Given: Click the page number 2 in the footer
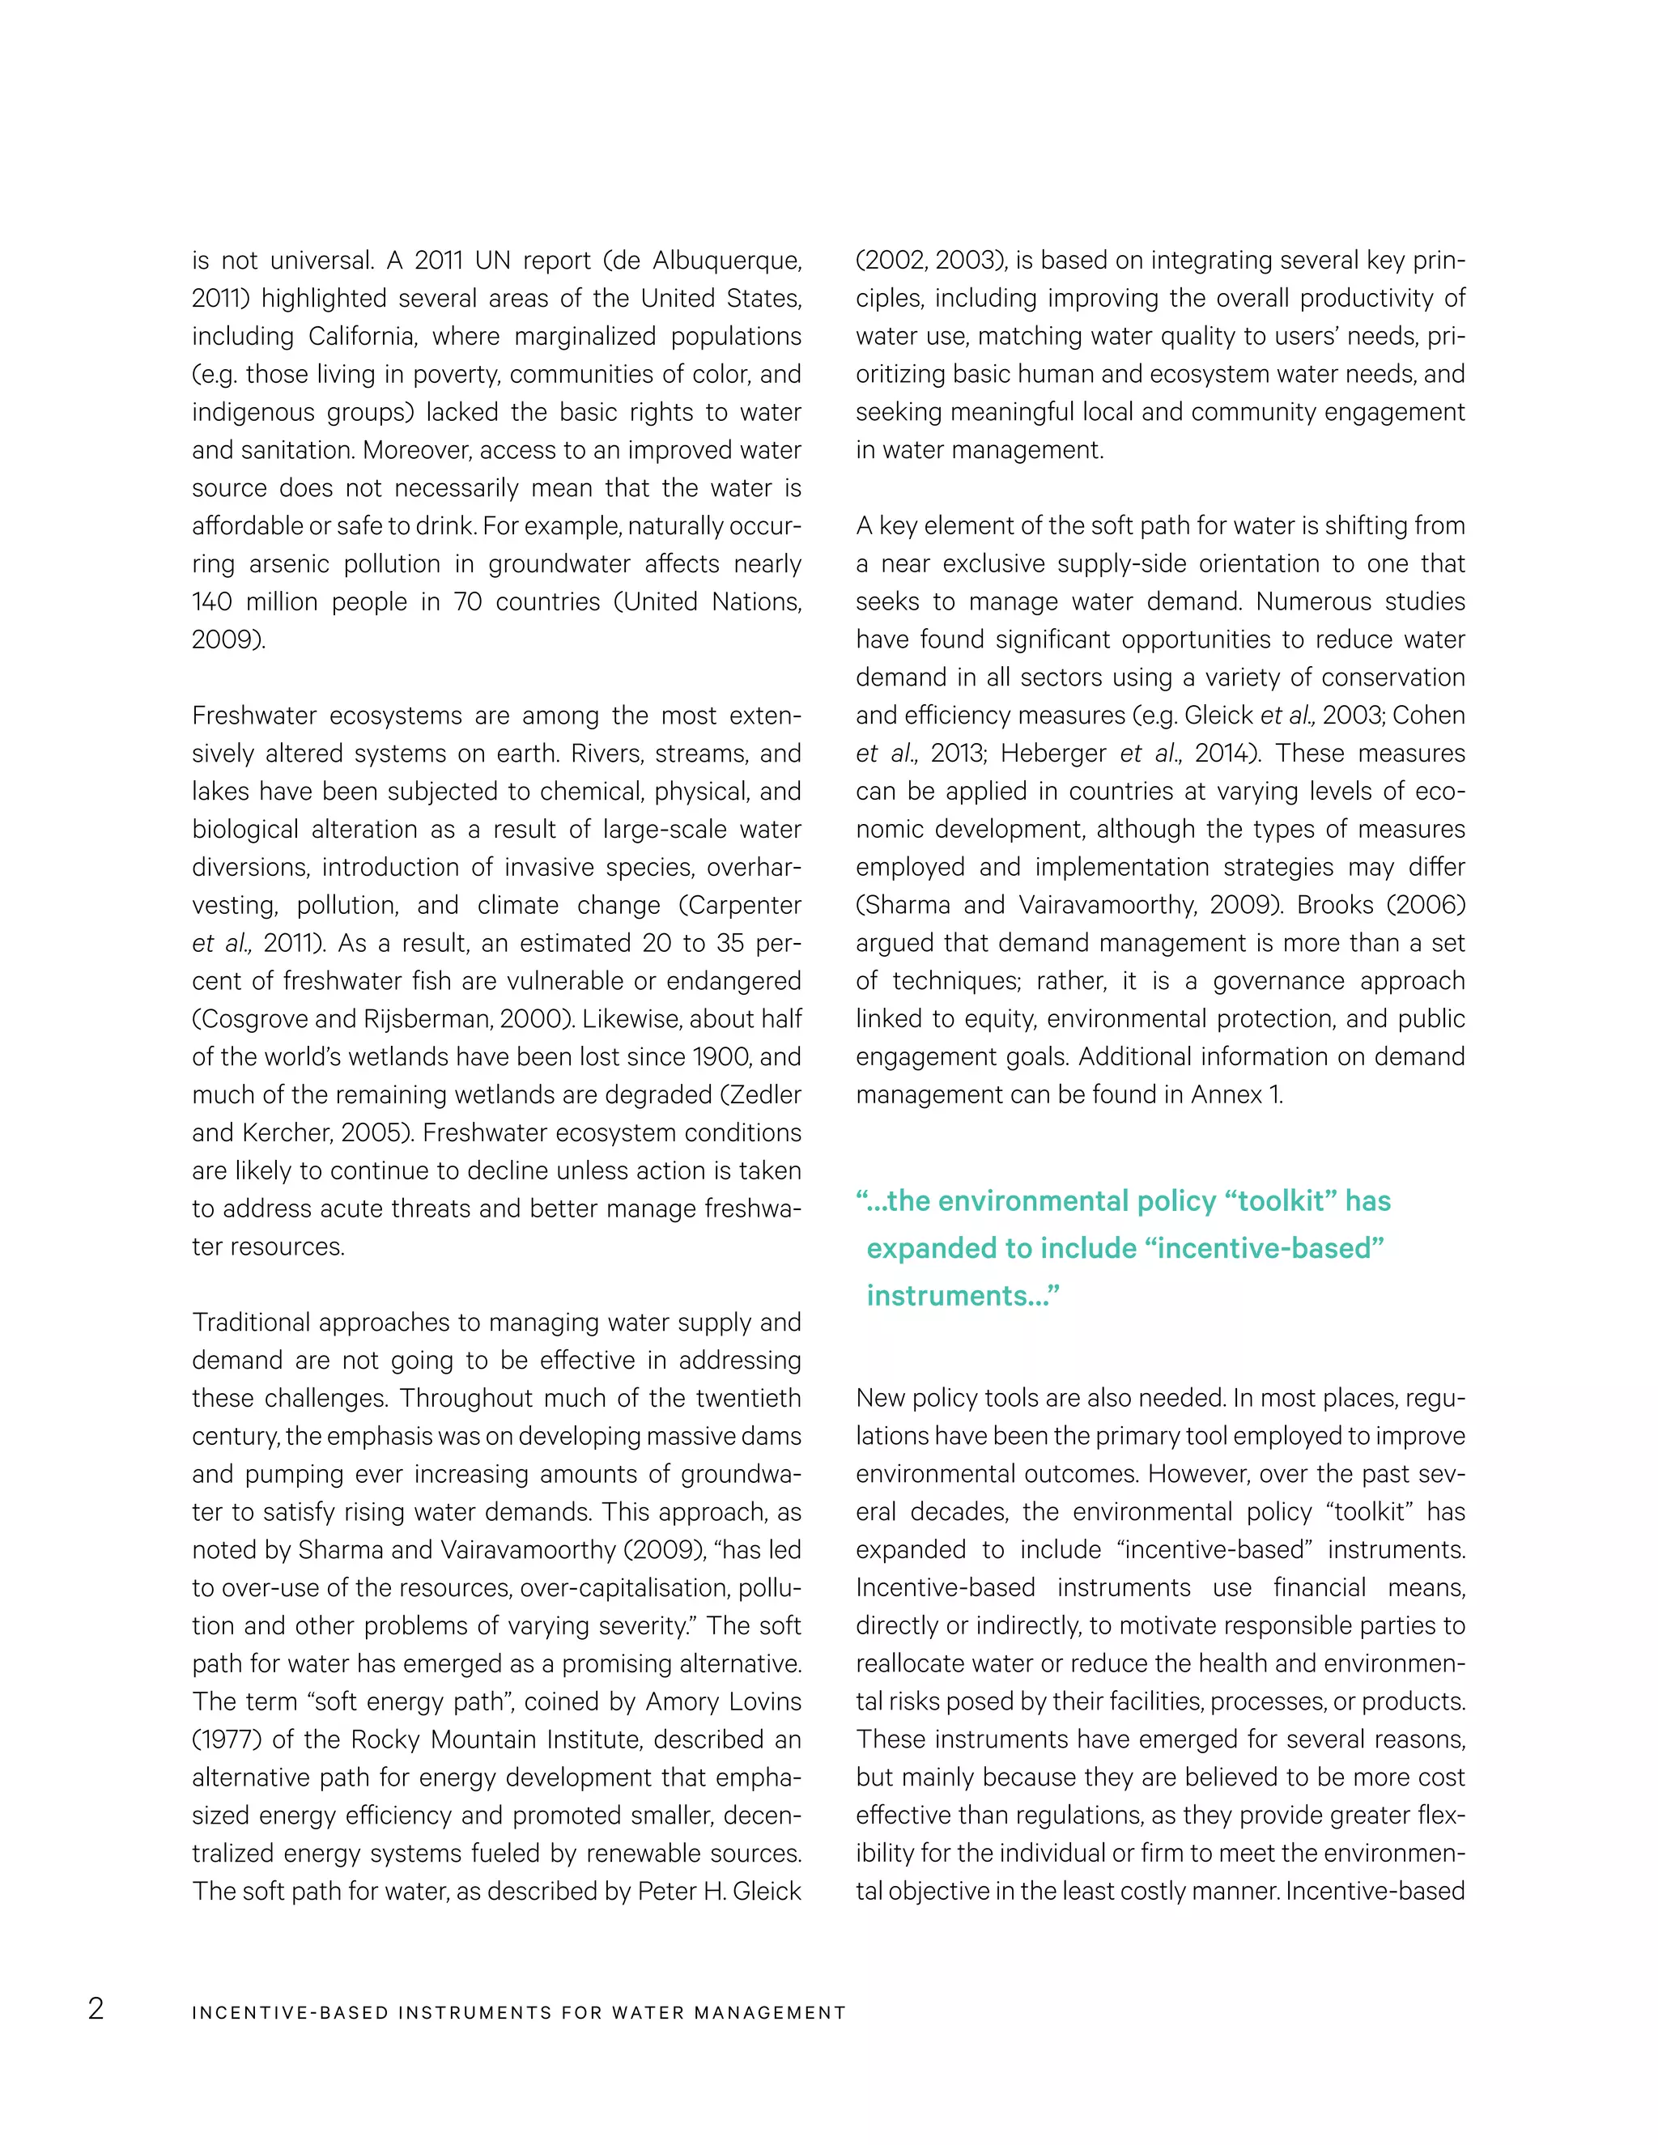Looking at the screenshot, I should [96, 2008].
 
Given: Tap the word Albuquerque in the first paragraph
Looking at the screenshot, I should [727, 261].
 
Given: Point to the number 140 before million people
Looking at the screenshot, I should [211, 601].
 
